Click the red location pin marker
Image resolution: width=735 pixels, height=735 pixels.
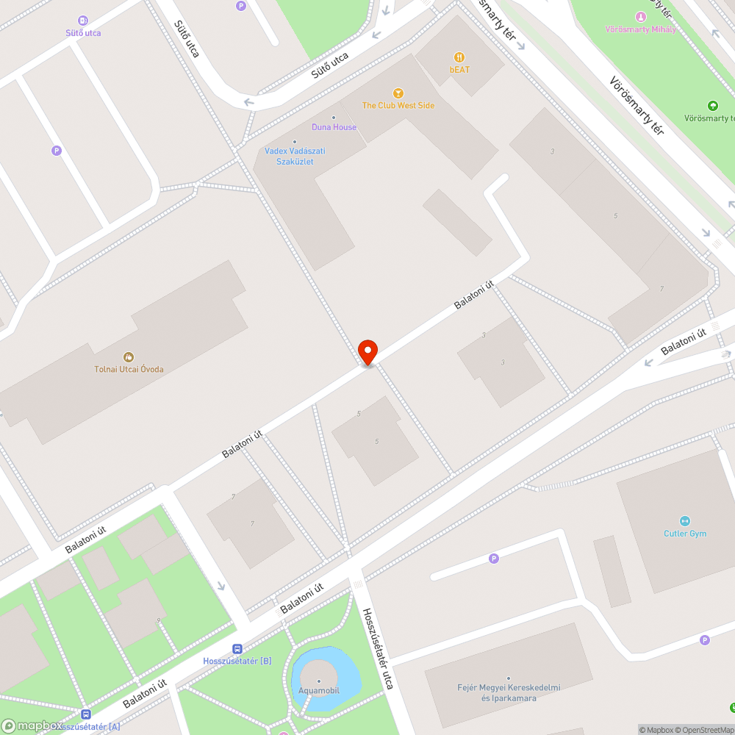coord(367,351)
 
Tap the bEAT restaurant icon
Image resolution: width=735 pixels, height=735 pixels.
coord(459,57)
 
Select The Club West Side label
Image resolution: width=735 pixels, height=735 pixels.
coord(398,105)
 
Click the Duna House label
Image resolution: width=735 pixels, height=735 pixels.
coord(334,127)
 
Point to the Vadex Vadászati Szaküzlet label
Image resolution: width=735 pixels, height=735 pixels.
coord(295,156)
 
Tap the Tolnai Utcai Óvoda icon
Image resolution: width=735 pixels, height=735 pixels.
coord(129,357)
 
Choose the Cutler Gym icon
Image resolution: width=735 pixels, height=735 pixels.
coord(685,521)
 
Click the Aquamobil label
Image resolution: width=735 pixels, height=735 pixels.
coord(318,690)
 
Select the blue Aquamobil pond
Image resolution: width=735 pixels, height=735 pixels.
coord(342,669)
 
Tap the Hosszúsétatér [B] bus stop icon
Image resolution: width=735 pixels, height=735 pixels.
coord(237,648)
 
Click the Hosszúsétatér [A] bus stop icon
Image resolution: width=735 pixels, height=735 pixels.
coord(86,714)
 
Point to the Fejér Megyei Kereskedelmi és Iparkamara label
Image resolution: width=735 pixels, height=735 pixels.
coord(509,692)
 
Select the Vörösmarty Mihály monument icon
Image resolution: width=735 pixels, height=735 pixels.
coord(639,17)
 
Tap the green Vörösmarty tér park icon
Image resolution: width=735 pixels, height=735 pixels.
coord(711,106)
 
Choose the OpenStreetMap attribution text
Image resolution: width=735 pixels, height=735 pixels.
coord(701,730)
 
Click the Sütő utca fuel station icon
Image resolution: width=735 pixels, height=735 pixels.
coord(82,21)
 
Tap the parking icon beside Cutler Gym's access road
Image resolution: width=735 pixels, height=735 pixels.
coord(494,559)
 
